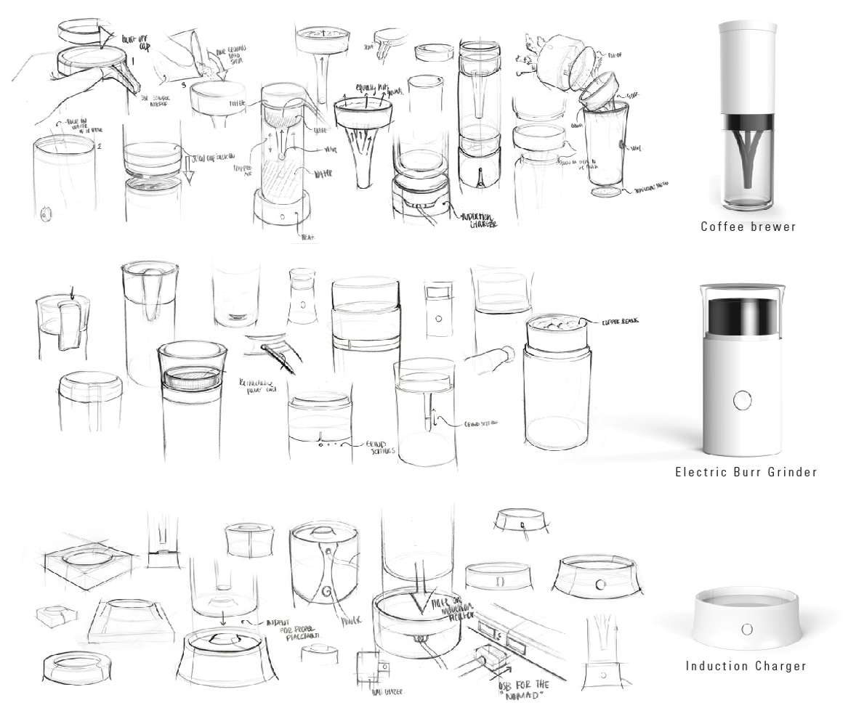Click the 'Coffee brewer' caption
[748, 227]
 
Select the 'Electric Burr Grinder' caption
[746, 472]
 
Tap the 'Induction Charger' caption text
[746, 666]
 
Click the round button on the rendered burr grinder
[742, 400]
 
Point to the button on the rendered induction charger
[746, 628]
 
